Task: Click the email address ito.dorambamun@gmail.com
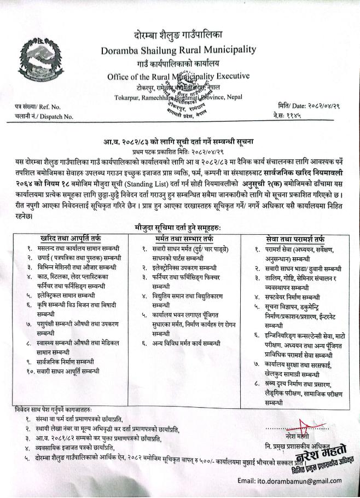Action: pyautogui.click(x=294, y=480)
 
